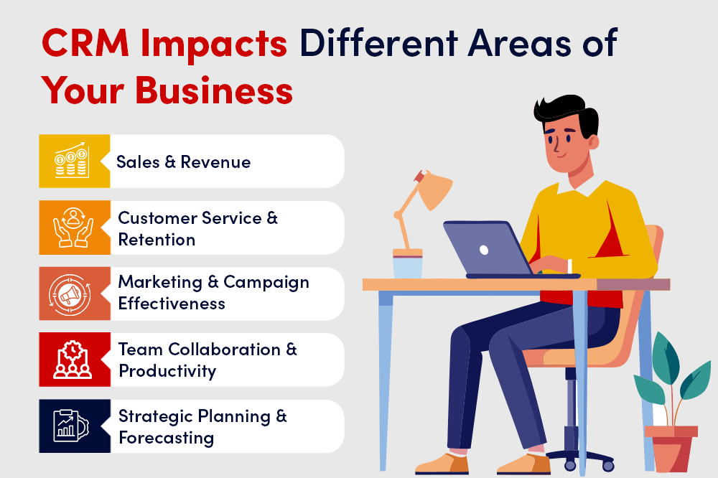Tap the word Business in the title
[x=214, y=92]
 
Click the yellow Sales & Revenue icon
[x=75, y=161]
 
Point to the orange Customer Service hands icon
[x=75, y=228]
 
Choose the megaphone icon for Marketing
[x=75, y=294]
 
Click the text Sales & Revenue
[x=184, y=161]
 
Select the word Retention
[x=157, y=239]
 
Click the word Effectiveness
[x=172, y=304]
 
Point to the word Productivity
[x=167, y=370]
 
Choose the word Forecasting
[x=166, y=437]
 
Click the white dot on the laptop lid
[x=484, y=250]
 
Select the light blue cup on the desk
[x=407, y=266]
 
